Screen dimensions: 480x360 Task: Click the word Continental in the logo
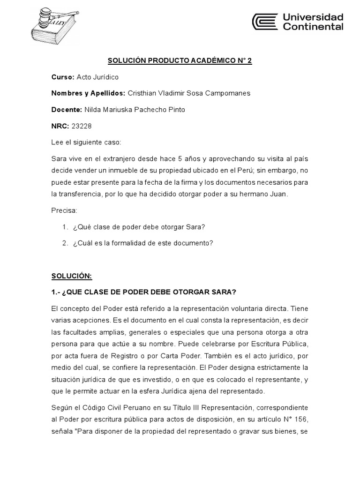pos(313,27)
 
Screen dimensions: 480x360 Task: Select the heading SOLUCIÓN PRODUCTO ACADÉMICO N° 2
pos(180,60)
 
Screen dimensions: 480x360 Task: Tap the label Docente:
pos(67,110)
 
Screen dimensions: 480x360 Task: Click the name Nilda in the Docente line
pos(93,110)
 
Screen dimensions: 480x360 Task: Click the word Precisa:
pos(64,210)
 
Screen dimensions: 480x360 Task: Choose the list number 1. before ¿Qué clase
pos(65,227)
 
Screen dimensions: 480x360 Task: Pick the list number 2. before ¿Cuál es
pos(65,243)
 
